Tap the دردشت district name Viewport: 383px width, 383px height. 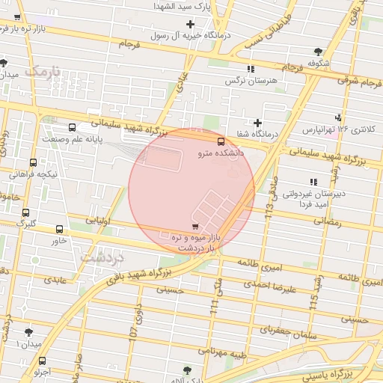(x=102, y=257)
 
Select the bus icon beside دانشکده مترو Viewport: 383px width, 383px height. (x=221, y=141)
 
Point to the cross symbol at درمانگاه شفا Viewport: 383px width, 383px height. (x=258, y=123)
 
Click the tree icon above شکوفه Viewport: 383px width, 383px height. (x=319, y=52)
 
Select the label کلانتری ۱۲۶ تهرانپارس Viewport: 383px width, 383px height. (x=339, y=129)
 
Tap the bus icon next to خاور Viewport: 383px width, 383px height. (x=60, y=229)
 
